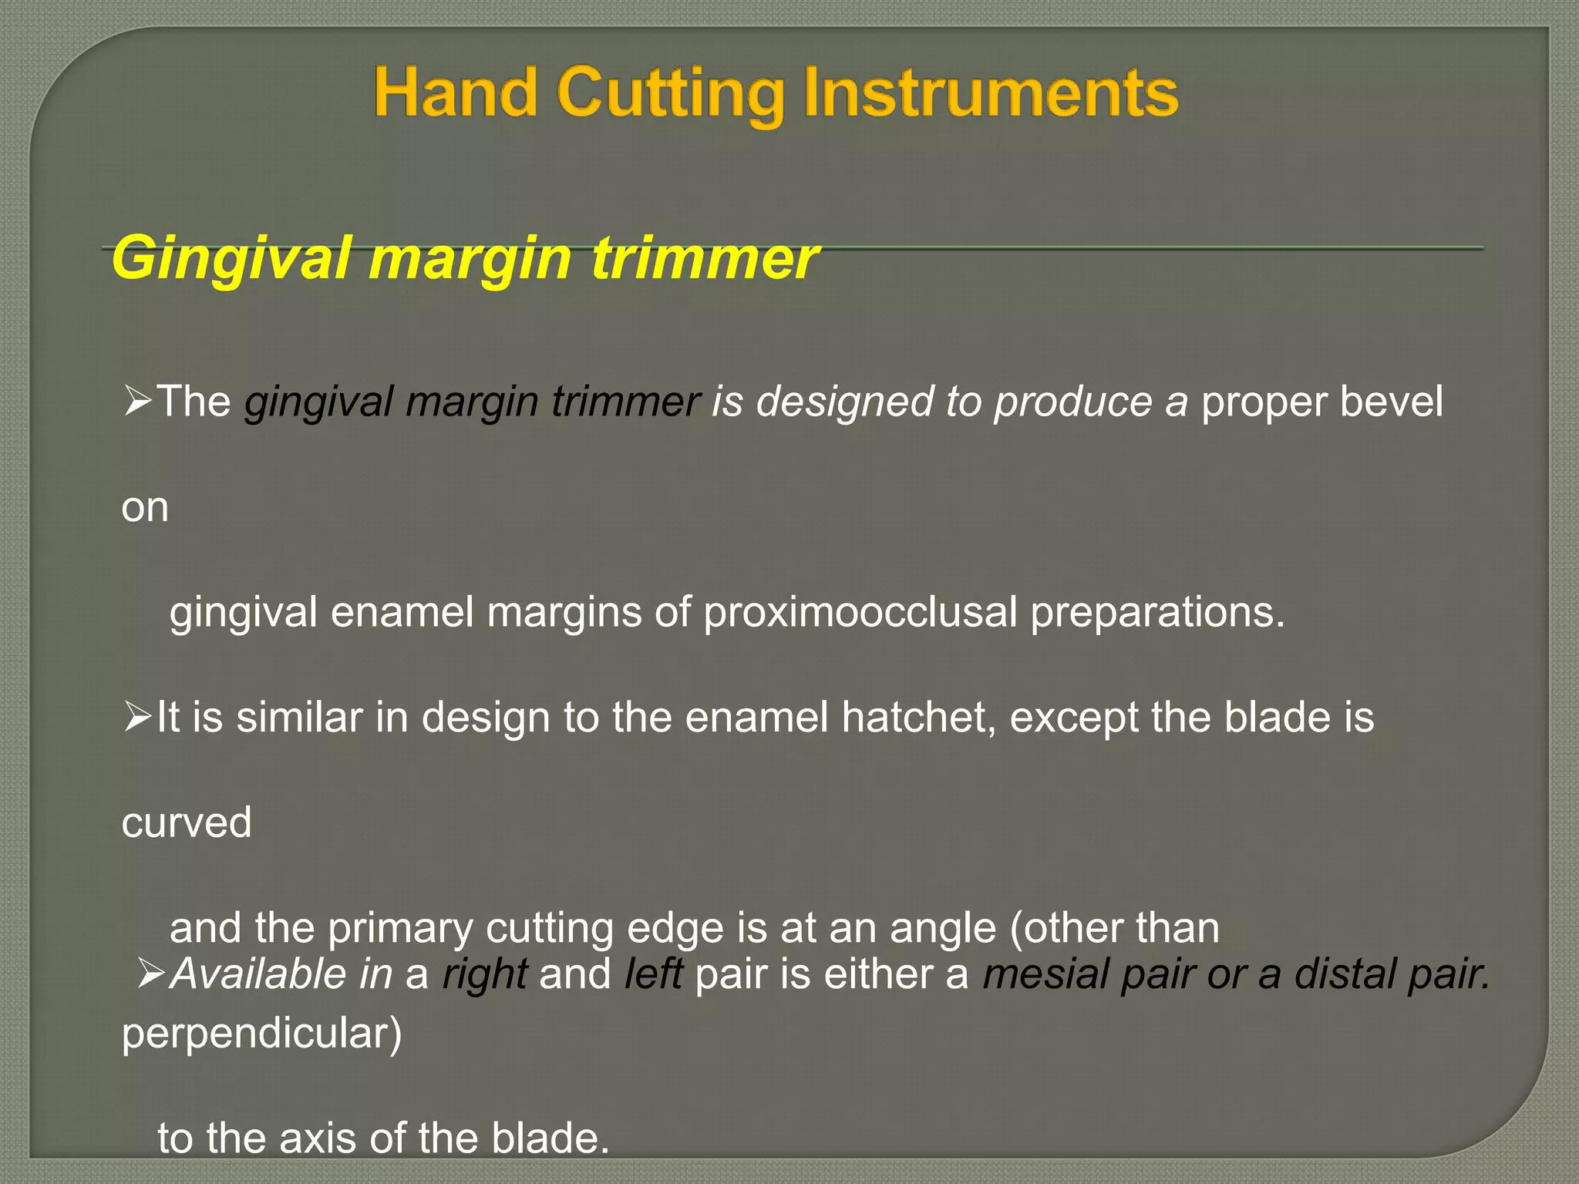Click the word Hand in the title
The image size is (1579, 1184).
(455, 93)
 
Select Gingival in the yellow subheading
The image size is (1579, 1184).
(232, 259)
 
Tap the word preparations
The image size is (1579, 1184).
(1157, 613)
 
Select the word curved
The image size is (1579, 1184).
(187, 822)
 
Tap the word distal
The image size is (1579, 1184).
(1345, 974)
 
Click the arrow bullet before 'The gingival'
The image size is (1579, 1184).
(137, 402)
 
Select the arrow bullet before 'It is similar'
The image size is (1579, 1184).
(137, 718)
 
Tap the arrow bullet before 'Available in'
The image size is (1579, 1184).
(151, 974)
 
